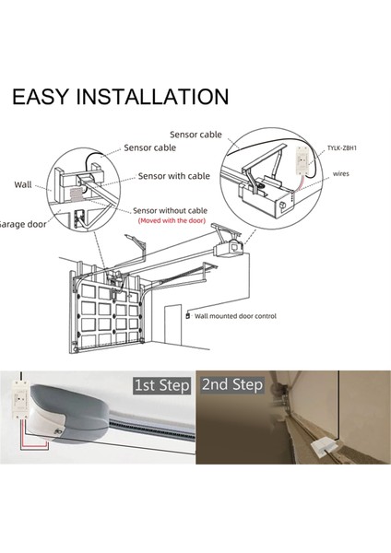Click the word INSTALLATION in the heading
click(153, 97)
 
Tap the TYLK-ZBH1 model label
click(341, 147)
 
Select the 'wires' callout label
click(340, 173)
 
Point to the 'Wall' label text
click(23, 184)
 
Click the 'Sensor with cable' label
click(174, 176)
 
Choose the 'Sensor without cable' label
click(170, 210)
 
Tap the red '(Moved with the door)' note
click(172, 220)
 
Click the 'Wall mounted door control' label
click(235, 316)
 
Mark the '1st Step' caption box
click(162, 385)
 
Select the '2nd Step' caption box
click(232, 384)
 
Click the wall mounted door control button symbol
click(187, 315)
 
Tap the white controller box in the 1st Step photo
click(19, 401)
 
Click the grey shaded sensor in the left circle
click(76, 194)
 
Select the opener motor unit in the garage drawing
click(229, 249)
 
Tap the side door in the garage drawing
click(173, 324)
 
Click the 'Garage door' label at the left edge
click(23, 224)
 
